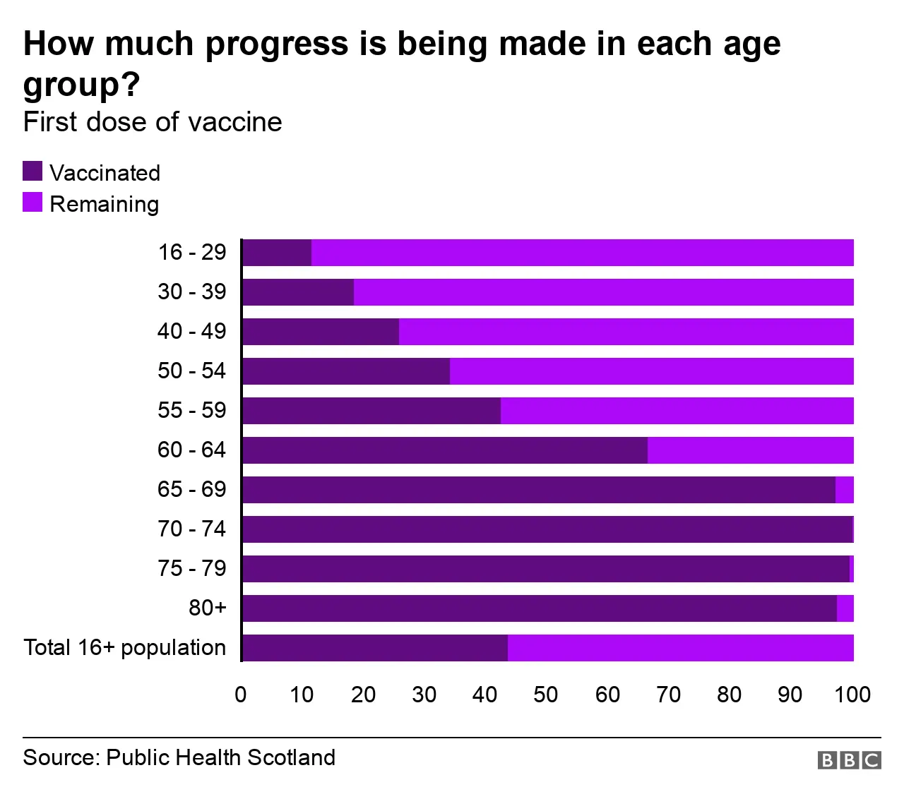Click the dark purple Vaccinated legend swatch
coord(32,172)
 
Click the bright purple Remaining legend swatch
coord(32,203)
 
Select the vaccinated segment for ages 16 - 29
coord(277,253)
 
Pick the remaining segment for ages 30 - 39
coord(603,292)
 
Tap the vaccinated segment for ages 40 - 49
coord(321,332)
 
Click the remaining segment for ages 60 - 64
coord(750,450)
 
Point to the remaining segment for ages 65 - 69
coord(845,490)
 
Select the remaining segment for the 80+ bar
coord(845,608)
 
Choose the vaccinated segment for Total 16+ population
coord(375,648)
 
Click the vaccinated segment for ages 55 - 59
coord(371,411)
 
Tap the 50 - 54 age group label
coord(191,371)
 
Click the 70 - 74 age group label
coord(191,529)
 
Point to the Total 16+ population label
coord(125,647)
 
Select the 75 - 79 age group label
coord(191,568)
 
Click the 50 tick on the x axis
coord(546,695)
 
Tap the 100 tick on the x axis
coord(852,695)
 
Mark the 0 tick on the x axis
coord(241,695)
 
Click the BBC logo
coord(850,760)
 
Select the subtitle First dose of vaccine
coord(153,122)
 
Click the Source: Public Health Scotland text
coord(179,757)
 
